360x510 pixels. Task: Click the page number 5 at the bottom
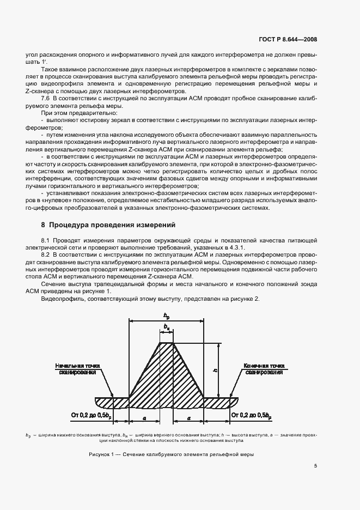(x=316, y=466)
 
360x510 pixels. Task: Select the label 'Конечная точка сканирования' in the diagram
(x=263, y=369)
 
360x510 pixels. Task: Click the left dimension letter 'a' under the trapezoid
(x=143, y=416)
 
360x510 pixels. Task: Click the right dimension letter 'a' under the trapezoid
(x=188, y=416)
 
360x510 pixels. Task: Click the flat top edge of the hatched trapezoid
(x=166, y=343)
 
